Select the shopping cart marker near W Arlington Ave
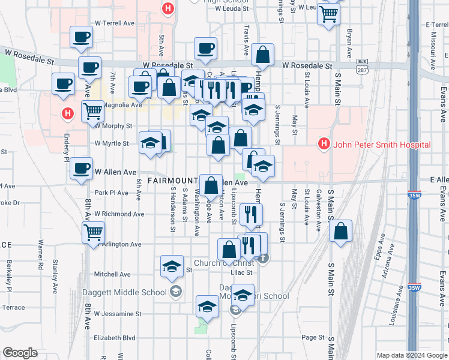pyautogui.click(x=93, y=232)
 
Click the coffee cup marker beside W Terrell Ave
pyautogui.click(x=81, y=37)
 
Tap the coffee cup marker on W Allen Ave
pyautogui.click(x=81, y=169)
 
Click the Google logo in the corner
pyautogui.click(x=20, y=353)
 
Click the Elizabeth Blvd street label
pyautogui.click(x=115, y=338)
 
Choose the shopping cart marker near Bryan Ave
pyautogui.click(x=329, y=14)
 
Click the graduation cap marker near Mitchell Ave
pyautogui.click(x=171, y=266)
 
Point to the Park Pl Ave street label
pyautogui.click(x=111, y=193)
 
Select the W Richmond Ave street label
pyautogui.click(x=119, y=214)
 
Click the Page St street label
pyautogui.click(x=313, y=338)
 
